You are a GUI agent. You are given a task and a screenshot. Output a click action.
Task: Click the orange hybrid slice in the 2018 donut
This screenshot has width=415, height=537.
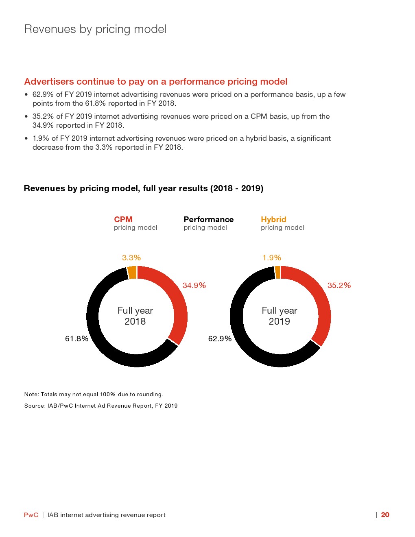coord(132,272)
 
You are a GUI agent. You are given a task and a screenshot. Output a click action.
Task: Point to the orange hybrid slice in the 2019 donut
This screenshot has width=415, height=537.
coord(277,272)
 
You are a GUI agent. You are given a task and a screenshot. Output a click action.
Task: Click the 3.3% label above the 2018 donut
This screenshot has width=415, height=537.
coord(131,258)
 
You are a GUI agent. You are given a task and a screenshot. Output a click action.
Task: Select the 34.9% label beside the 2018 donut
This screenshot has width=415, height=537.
coord(194,286)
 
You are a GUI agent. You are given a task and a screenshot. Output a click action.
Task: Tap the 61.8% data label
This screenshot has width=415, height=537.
coord(76,339)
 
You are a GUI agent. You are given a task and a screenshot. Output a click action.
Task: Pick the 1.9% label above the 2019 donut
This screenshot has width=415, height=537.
coord(272,258)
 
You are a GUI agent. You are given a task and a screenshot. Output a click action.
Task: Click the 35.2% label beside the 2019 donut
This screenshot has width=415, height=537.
coord(339,286)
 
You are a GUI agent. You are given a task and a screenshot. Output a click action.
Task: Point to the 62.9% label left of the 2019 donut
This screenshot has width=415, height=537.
coord(220,339)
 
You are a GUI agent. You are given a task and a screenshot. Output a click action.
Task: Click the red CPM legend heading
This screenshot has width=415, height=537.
coord(123,220)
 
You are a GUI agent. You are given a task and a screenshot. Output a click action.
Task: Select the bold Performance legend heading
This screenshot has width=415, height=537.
coord(208,220)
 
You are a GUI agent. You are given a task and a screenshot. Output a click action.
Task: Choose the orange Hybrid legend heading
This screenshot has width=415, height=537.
coord(273,220)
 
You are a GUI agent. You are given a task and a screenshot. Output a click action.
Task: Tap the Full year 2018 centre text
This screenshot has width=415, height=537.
coord(135,316)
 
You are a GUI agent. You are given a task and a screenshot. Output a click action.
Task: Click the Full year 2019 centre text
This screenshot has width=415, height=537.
coord(280,316)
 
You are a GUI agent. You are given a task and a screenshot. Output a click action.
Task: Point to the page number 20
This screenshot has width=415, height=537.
coord(385,515)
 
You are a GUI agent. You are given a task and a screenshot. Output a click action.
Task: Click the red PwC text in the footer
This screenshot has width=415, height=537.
coord(31,515)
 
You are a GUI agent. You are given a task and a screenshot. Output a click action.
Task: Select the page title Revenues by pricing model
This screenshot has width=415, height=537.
coord(95,29)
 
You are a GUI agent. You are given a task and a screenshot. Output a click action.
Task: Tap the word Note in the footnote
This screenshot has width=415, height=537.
coord(31,395)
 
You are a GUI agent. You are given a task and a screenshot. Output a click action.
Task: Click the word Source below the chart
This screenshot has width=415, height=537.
coord(34,406)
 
